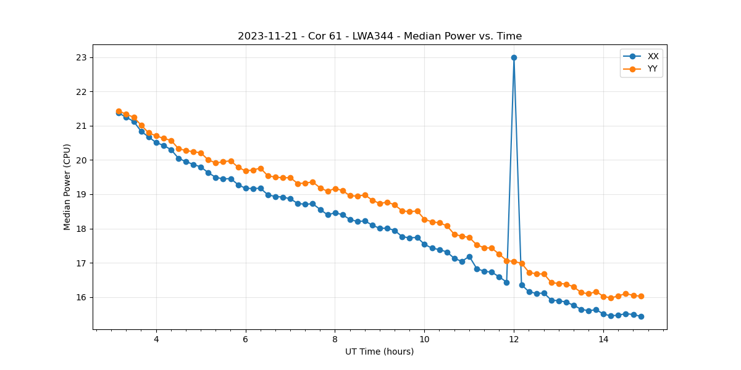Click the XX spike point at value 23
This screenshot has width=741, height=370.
pos(514,57)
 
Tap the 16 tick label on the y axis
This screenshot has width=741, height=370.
pos(82,297)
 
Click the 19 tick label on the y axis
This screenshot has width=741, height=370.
pos(82,194)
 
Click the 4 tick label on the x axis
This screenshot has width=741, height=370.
pos(156,339)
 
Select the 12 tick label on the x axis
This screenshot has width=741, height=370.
pos(514,339)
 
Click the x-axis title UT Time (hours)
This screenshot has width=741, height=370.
pos(379,352)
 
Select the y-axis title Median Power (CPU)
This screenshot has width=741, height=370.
pos(67,187)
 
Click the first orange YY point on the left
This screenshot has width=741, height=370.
pos(119,112)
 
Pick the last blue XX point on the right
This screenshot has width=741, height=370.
pos(641,316)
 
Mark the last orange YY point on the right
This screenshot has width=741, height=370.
pos(641,296)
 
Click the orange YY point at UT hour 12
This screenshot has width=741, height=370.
pos(514,261)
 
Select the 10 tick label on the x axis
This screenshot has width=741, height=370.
pos(424,339)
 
